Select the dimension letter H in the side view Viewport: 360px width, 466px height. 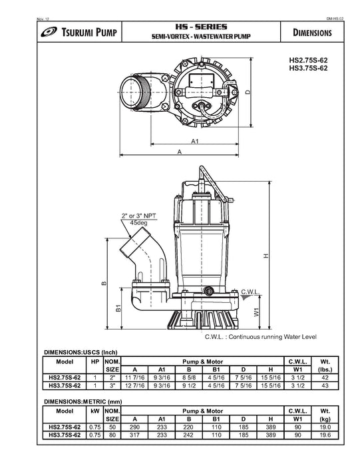click(266, 256)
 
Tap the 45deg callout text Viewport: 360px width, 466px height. click(139, 222)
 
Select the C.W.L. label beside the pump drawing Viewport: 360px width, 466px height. click(250, 292)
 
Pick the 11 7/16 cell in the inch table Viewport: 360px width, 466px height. click(134, 377)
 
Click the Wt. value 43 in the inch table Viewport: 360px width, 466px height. click(325, 385)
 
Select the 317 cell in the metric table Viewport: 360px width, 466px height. click(134, 435)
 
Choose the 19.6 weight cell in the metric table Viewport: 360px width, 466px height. click(325, 435)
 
